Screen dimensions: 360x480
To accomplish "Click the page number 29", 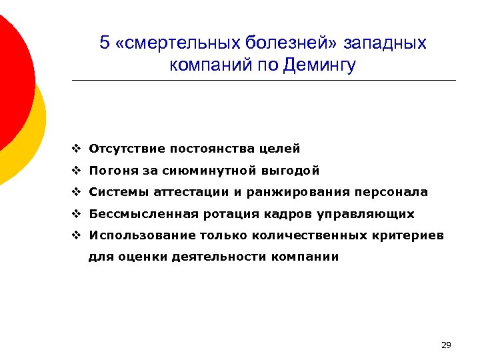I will tap(446, 345).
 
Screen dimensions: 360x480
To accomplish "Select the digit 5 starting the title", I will tap(104, 44).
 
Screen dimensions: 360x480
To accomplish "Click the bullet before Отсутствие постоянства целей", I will tap(77, 149).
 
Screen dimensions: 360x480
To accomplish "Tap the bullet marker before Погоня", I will tap(77, 171).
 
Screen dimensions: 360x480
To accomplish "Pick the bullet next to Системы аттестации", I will tap(77, 193).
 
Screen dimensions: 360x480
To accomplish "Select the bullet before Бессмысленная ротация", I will tap(77, 215).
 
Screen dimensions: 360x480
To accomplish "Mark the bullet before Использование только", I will tap(77, 236).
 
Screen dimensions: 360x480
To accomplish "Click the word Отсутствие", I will tap(127, 149).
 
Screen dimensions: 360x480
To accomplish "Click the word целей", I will tap(283, 149).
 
